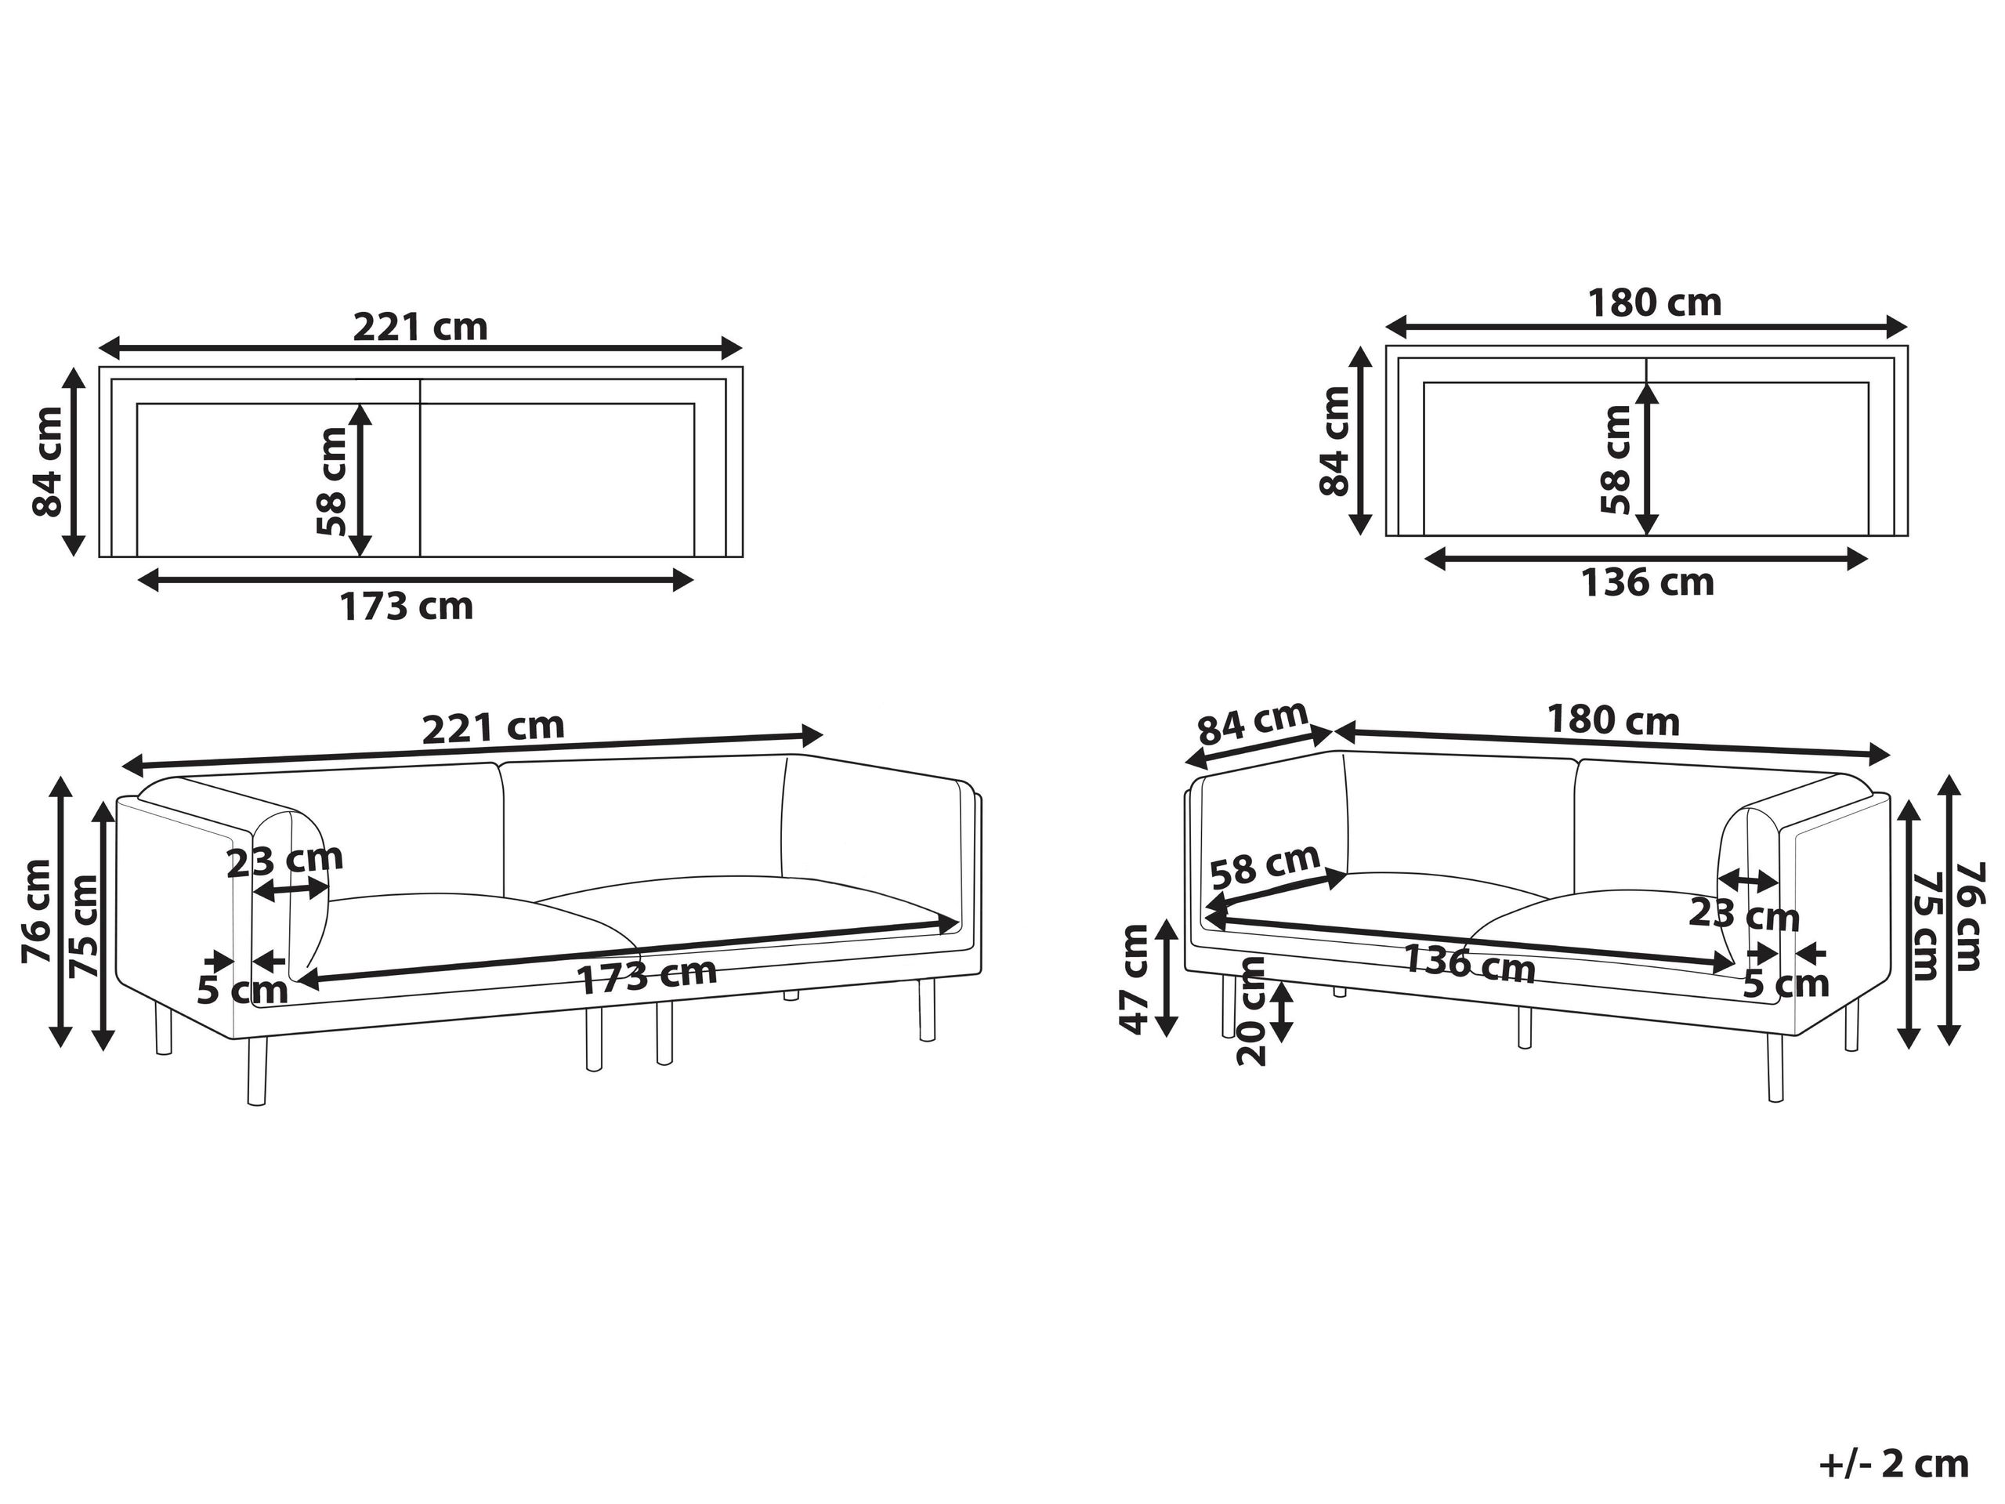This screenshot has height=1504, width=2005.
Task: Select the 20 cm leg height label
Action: coord(1252,1010)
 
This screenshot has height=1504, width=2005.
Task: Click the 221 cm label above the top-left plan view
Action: coord(420,326)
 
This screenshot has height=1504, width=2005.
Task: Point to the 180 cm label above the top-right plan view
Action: coord(1654,303)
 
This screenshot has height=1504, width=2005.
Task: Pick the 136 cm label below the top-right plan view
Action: coord(1648,582)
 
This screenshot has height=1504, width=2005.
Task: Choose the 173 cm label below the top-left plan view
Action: coord(406,607)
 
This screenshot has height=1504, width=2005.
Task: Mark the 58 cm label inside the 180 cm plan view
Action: coord(1616,459)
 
